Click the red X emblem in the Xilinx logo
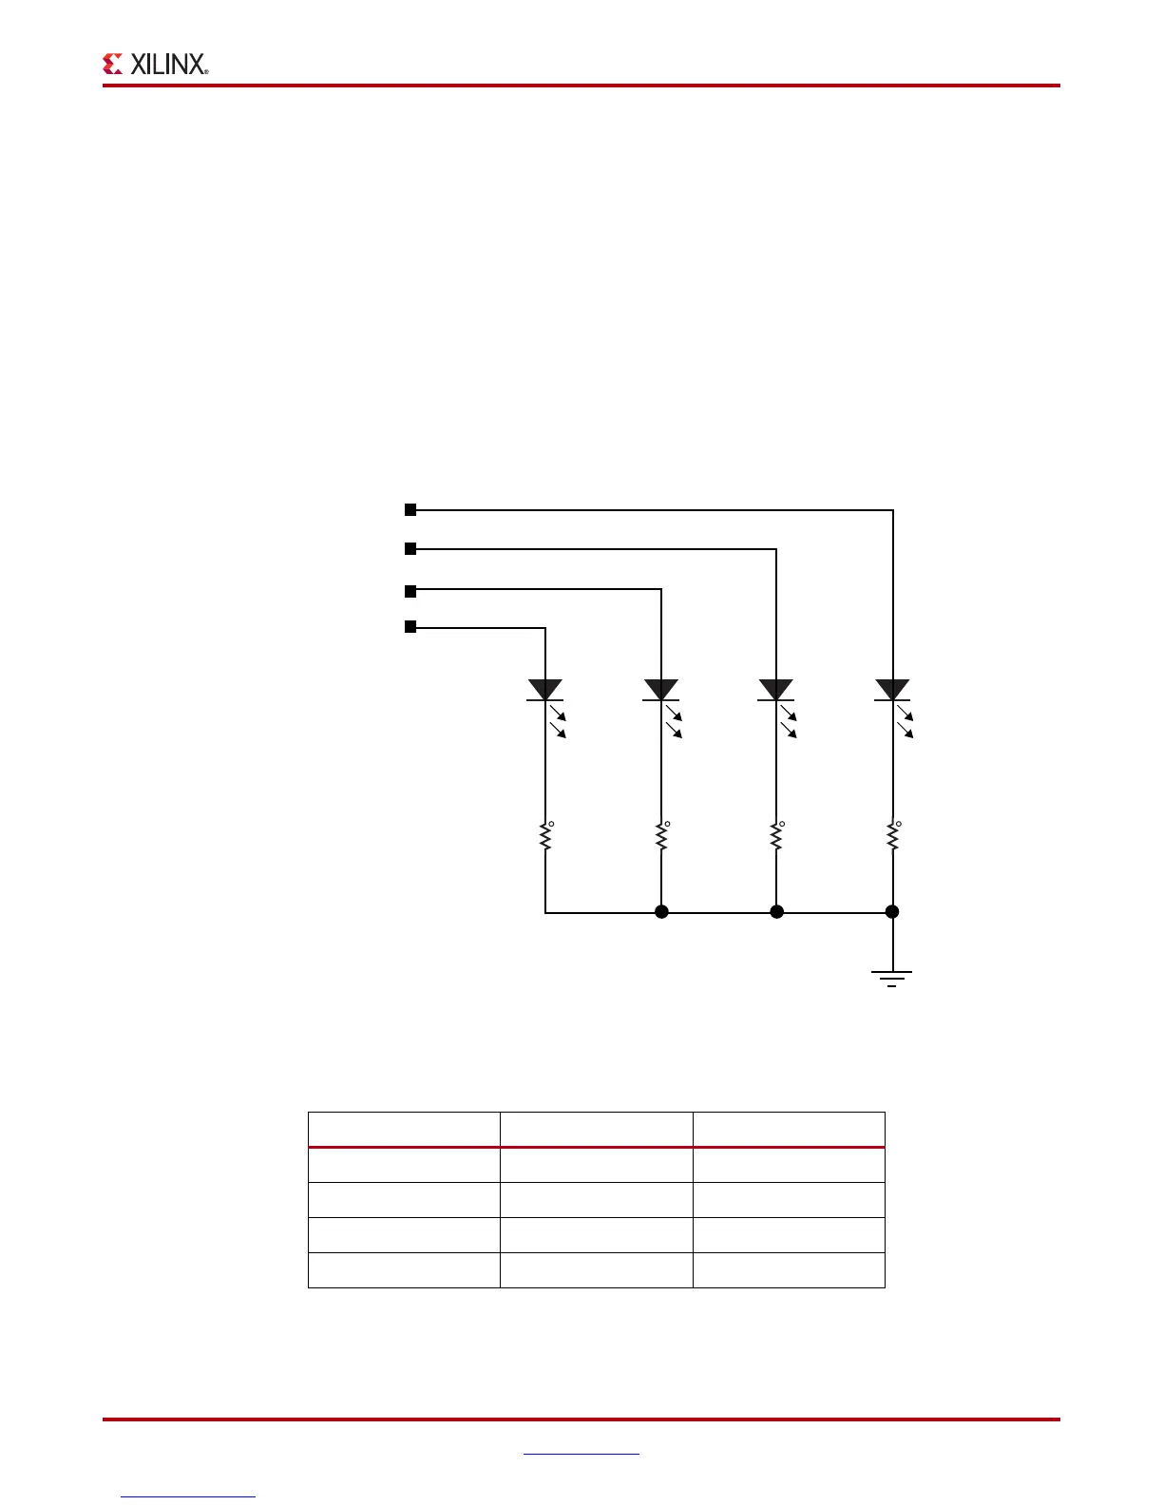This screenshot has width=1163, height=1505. (x=113, y=64)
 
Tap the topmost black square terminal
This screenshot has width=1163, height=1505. (x=410, y=510)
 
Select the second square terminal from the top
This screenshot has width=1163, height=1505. (x=410, y=548)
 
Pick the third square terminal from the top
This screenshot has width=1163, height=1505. (x=410, y=591)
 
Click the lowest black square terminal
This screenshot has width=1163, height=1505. (x=410, y=627)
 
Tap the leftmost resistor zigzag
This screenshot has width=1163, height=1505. (x=545, y=836)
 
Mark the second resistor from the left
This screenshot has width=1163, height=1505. (x=661, y=836)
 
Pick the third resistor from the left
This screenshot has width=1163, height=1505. (x=776, y=836)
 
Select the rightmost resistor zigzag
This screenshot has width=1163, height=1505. (x=892, y=836)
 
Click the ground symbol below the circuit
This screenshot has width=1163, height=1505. (x=892, y=978)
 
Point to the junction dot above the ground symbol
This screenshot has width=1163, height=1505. (x=892, y=912)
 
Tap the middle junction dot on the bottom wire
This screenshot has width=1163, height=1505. (x=776, y=912)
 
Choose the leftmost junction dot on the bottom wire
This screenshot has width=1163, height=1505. (x=661, y=912)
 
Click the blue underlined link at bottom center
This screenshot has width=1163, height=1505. (x=581, y=1453)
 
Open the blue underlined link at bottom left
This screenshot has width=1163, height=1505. (x=188, y=1496)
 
